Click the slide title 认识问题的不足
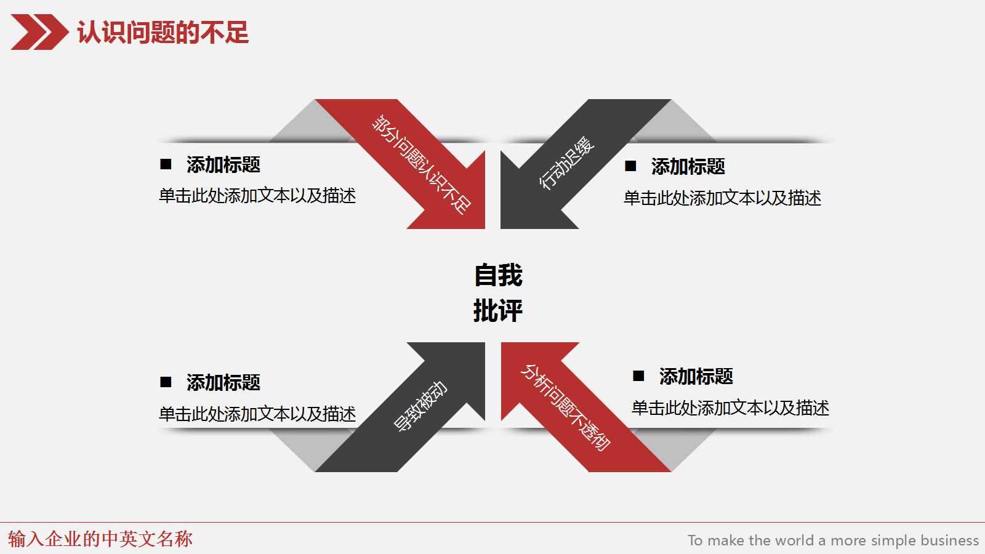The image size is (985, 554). pos(163,33)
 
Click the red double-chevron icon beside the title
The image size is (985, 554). pos(39,32)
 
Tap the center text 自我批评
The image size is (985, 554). pos(498,293)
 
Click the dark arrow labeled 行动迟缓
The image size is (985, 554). pos(566,163)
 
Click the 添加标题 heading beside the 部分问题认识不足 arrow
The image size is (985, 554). pos(223,165)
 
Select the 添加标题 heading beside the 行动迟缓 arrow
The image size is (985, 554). pos(688,167)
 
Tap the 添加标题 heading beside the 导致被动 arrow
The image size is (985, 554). pos(223,383)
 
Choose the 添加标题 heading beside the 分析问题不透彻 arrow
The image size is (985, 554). pos(696,377)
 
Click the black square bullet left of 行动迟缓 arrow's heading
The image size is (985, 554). pos(631,166)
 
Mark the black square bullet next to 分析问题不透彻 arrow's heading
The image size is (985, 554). pos(639,376)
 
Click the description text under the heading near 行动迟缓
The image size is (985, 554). pos(722,198)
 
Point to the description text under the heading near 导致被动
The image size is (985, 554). pos(257,414)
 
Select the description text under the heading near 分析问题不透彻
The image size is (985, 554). pos(730,408)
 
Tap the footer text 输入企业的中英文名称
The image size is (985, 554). pos(100,539)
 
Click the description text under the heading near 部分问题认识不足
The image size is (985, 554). pos(257,196)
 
